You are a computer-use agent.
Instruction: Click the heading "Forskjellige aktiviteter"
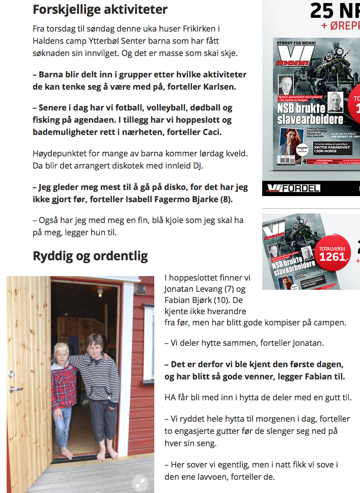coord(100,9)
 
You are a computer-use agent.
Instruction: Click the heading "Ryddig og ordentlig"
coord(90,256)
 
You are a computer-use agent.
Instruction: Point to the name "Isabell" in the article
coord(142,200)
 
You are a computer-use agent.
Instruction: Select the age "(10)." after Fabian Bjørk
coord(229,300)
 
